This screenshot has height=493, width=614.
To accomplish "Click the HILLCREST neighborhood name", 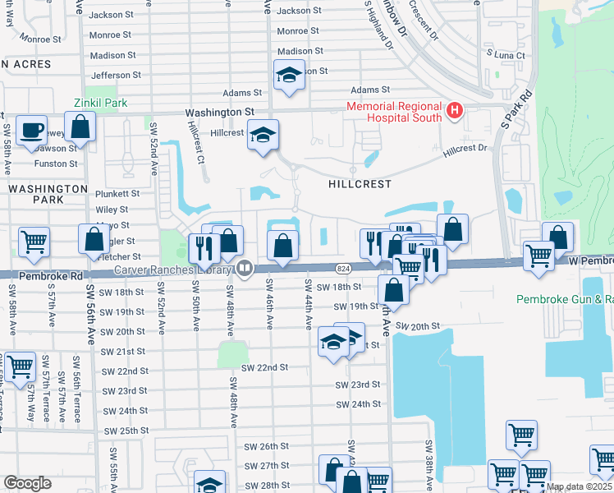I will pyautogui.click(x=360, y=184).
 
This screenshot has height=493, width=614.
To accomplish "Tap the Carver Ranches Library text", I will pyautogui.click(x=174, y=270).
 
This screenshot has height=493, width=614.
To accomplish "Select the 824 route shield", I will pyautogui.click(x=343, y=269).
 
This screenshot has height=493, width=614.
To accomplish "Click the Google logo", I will pyautogui.click(x=27, y=483).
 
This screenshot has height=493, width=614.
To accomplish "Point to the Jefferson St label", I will pyautogui.click(x=117, y=76).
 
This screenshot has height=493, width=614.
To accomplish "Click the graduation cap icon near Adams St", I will pyautogui.click(x=289, y=76).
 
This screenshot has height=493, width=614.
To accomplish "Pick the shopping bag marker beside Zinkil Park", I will pyautogui.click(x=80, y=127).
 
